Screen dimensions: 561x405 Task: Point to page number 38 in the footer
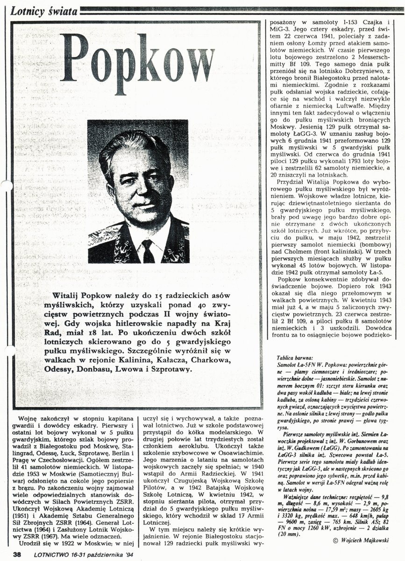tap(17, 555)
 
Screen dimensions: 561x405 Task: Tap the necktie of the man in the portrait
tap(148, 250)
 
